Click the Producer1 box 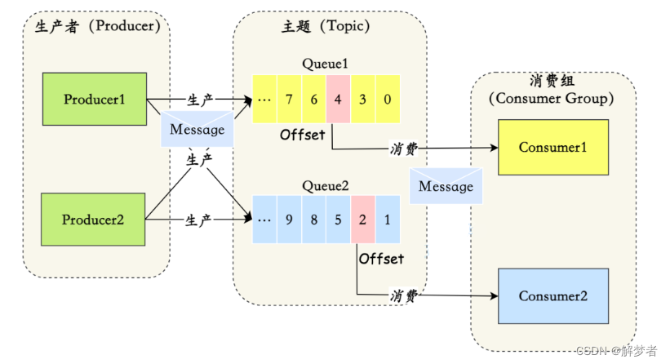click(95, 99)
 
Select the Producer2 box click(93, 220)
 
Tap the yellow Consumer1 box click(553, 148)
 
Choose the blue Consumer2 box click(553, 296)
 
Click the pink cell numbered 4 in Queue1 click(338, 99)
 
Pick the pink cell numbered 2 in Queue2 click(363, 220)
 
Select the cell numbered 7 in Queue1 click(289, 99)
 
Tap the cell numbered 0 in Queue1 click(388, 99)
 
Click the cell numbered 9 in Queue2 click(289, 220)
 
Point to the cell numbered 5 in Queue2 click(338, 220)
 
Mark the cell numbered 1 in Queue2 click(388, 220)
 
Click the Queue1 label click(325, 64)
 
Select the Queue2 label click(325, 186)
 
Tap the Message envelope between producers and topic click(197, 129)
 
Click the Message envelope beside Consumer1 click(446, 186)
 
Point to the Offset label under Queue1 click(303, 135)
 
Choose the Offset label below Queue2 click(381, 259)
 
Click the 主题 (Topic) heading click(326, 26)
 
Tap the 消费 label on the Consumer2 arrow click(404, 295)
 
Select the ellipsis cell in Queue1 click(264, 99)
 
